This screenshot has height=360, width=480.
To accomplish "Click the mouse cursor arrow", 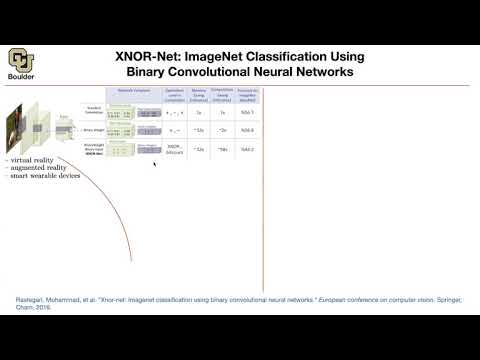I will pos(154,162).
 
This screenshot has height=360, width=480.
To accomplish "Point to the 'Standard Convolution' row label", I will pos(95,110).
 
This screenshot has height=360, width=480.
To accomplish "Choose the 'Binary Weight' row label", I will pos(95,129).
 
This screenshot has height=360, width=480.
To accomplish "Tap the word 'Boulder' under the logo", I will pos(21,79).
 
